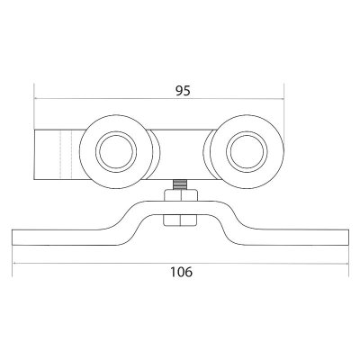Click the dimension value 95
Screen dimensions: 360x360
tap(183, 90)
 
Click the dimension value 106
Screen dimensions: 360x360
tap(181, 272)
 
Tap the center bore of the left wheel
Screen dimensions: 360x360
tap(116, 152)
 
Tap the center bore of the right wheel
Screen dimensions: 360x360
tap(247, 152)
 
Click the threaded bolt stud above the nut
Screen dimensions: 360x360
tap(179, 184)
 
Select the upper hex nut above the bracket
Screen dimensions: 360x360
tap(180, 195)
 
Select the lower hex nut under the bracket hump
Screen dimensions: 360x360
tap(180, 220)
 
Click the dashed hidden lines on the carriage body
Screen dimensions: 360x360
tap(66, 155)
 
